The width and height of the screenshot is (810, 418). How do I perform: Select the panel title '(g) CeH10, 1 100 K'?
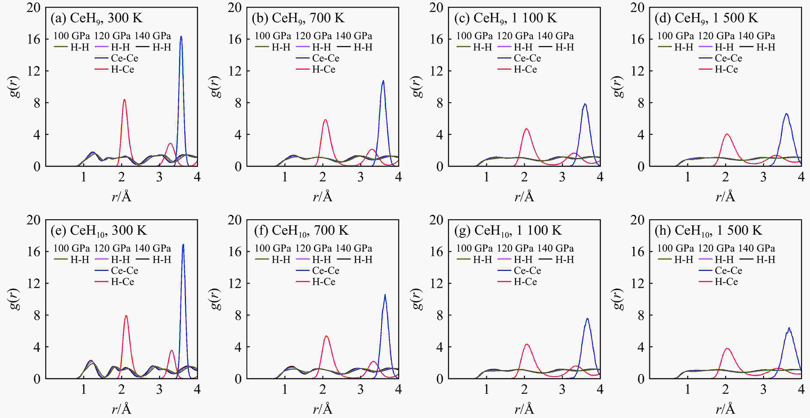pyautogui.click(x=507, y=231)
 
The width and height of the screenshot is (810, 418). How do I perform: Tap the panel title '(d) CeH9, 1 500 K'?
pyautogui.click(x=706, y=18)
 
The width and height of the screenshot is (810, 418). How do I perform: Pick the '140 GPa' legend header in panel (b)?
pyautogui.click(x=354, y=36)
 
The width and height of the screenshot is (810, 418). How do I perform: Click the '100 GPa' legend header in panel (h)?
pyautogui.click(x=675, y=248)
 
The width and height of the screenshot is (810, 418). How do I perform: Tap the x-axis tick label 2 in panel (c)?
pyautogui.click(x=524, y=177)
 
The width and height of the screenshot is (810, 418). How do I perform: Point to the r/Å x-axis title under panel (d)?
pyautogui.click(x=725, y=197)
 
